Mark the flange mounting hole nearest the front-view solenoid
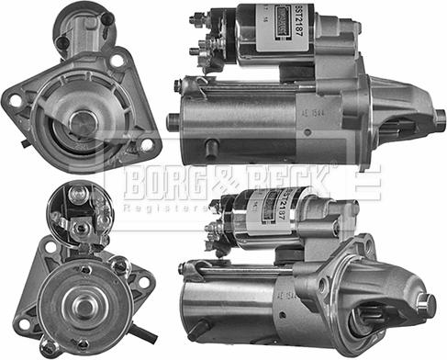point(117,61)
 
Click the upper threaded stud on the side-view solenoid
point(196,18)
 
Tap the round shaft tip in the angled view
point(426,305)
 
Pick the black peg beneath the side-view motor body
point(212,148)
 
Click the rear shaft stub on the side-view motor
point(172,121)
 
